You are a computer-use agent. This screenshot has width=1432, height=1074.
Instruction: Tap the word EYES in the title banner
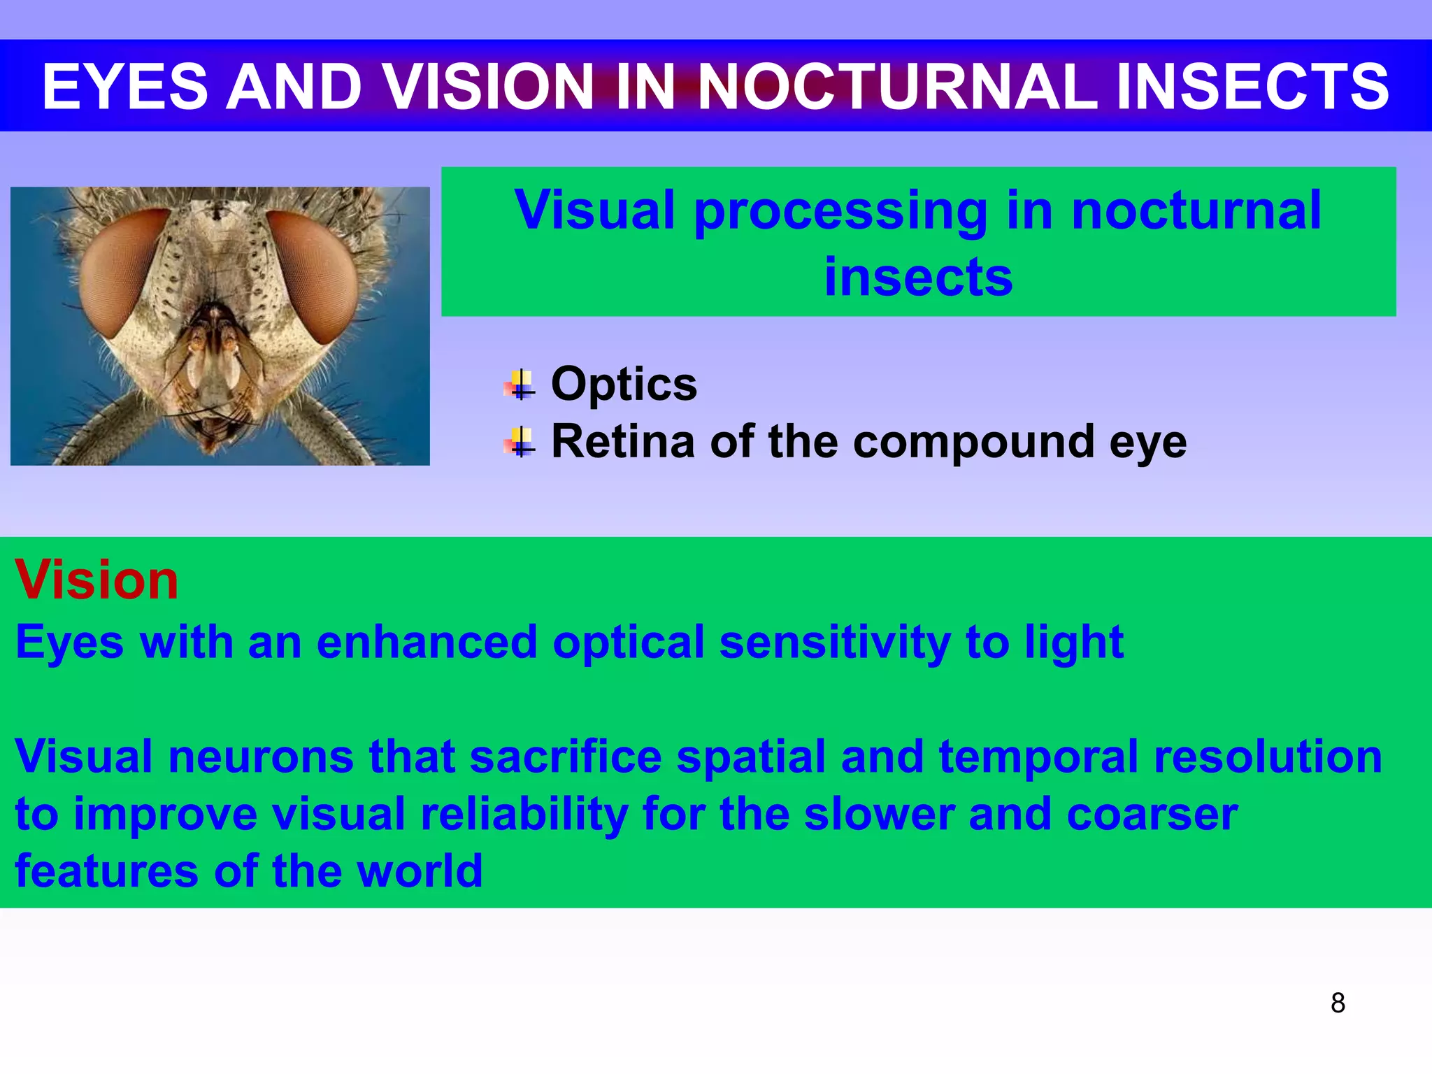click(125, 87)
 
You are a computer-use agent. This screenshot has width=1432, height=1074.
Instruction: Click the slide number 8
click(1338, 1003)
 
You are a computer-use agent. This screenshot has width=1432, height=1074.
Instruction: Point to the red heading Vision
click(96, 580)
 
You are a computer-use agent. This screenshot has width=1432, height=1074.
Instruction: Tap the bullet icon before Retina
click(520, 443)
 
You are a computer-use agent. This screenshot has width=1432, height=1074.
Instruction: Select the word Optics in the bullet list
click(624, 384)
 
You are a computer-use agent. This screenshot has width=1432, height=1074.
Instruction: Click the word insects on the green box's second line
click(918, 277)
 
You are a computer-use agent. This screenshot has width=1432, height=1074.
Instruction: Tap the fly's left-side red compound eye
click(122, 273)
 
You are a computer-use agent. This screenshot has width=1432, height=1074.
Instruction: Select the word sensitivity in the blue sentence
click(834, 642)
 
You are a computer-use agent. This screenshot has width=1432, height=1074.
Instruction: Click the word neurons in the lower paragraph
click(261, 757)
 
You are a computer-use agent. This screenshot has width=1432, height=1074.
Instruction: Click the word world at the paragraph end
click(419, 871)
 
